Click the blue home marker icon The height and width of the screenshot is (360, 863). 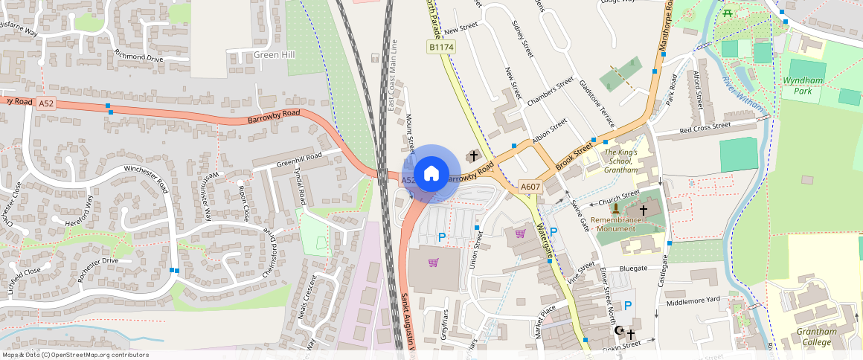click(431, 174)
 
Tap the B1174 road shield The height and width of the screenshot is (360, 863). click(441, 47)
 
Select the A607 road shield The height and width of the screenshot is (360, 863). click(530, 187)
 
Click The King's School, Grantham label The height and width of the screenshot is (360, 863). click(620, 161)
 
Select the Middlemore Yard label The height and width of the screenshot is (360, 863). click(693, 300)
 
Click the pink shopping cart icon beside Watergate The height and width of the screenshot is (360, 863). click(520, 234)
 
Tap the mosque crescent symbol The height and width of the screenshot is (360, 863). click(619, 330)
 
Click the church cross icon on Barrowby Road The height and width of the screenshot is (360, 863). click(472, 156)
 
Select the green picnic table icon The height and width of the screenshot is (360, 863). click(727, 12)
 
